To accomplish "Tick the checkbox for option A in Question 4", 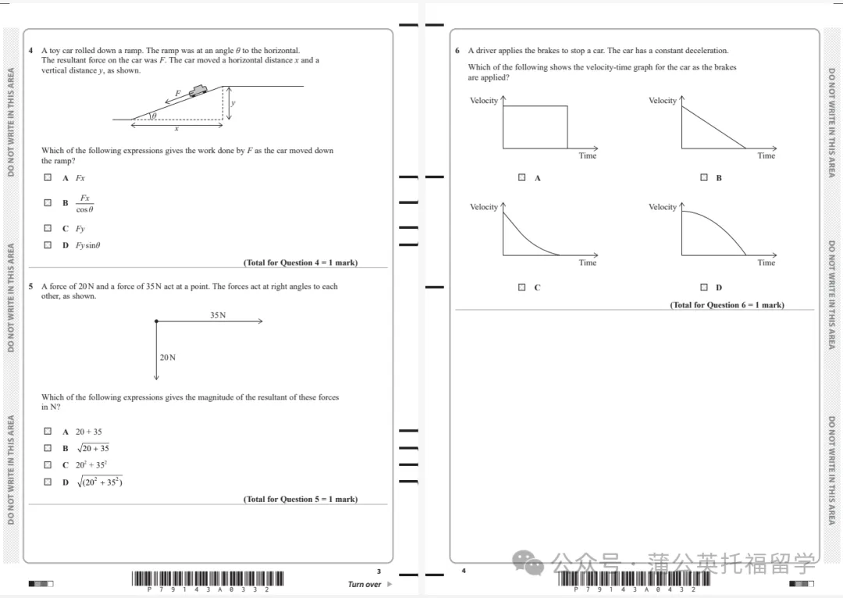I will [x=48, y=178].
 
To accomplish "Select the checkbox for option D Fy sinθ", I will [x=48, y=245].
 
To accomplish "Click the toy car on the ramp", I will [x=198, y=90].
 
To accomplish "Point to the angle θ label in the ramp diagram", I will [x=154, y=116].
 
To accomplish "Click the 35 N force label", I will [x=218, y=315].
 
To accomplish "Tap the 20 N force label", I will [x=168, y=358].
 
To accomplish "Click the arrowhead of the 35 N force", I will [x=259, y=321].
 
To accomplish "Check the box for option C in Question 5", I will [x=48, y=465].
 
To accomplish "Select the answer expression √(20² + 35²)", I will [x=98, y=482].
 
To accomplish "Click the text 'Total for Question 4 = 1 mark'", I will [x=301, y=262].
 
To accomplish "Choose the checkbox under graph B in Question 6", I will [x=704, y=178].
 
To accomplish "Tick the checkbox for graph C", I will [x=522, y=287].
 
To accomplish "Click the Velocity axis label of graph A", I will [x=483, y=101].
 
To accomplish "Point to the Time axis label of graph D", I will [x=766, y=263].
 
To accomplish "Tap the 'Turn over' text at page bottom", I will [x=365, y=584].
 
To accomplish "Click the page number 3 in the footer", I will [x=379, y=571].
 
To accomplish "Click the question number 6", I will [x=457, y=51].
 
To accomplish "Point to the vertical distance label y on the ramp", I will [x=233, y=103].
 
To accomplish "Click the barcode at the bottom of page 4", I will [x=634, y=578].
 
